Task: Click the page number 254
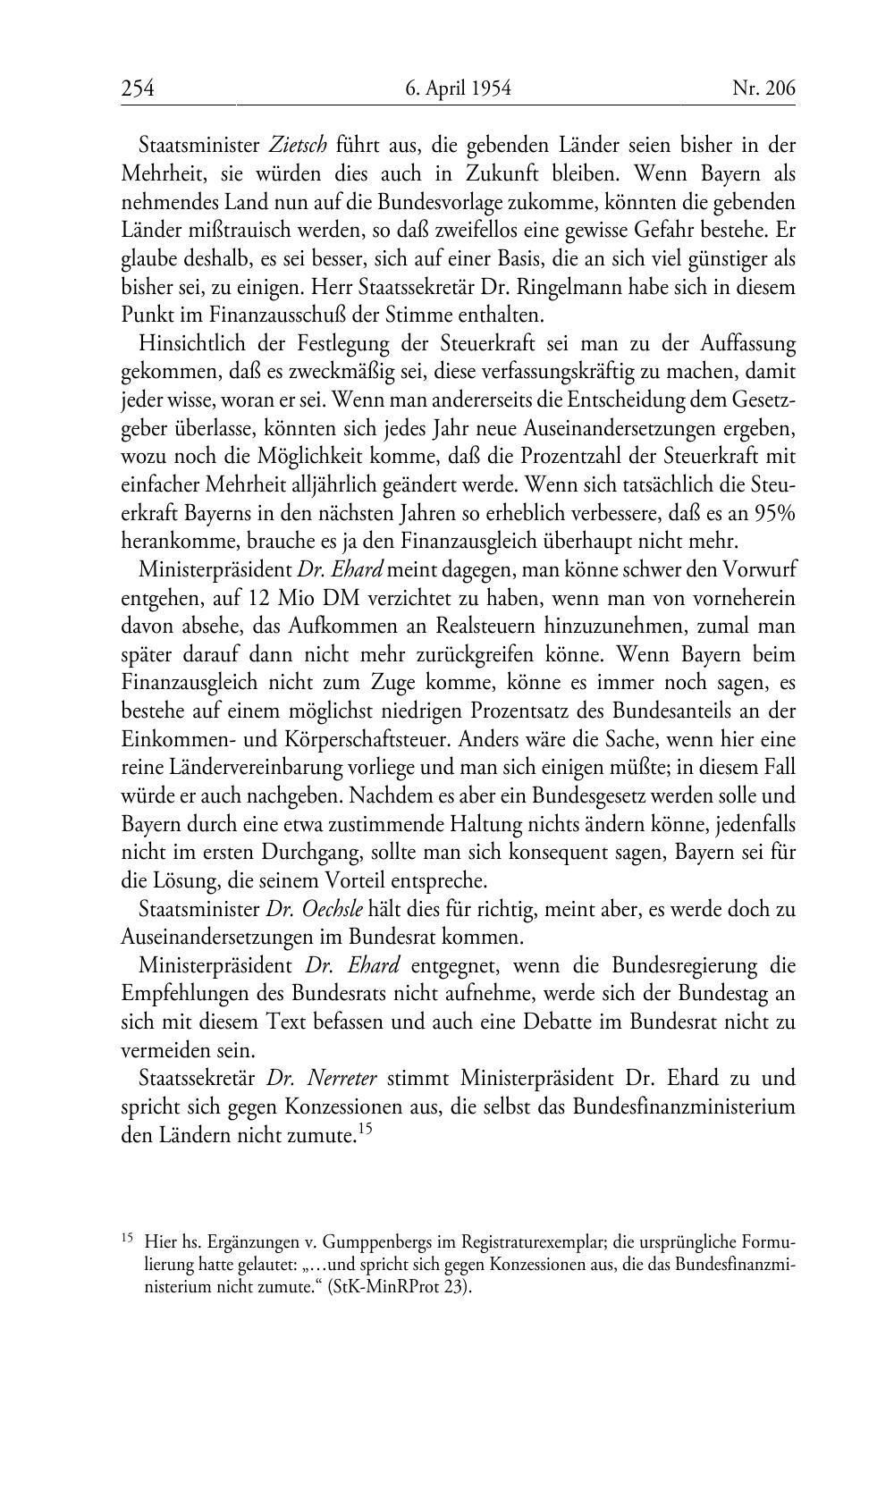(x=139, y=88)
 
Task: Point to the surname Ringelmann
(x=552, y=288)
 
